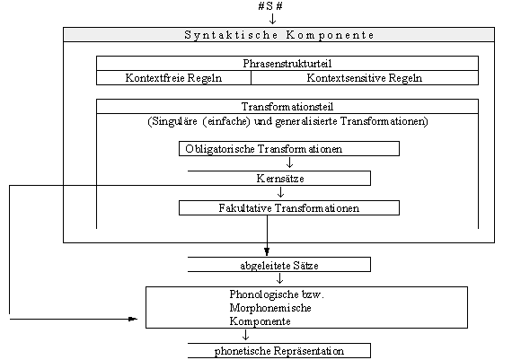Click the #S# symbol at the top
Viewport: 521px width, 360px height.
coord(270,6)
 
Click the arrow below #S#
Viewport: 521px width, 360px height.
coord(272,19)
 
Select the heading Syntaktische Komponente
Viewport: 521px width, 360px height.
coord(279,35)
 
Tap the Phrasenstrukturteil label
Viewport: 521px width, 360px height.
coord(287,64)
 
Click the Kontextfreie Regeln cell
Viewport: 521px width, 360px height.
coord(173,78)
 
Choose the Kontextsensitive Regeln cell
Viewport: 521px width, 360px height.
coord(365,78)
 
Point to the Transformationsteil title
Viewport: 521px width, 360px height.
coord(287,107)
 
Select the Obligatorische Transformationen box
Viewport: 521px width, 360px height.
coord(289,148)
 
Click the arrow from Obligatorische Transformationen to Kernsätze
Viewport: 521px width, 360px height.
coord(289,162)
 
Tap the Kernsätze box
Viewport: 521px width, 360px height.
coord(279,179)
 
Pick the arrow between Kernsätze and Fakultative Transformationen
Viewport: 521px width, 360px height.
coord(281,192)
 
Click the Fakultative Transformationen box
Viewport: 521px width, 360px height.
coord(289,208)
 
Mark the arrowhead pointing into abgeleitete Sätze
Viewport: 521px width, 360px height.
coord(267,251)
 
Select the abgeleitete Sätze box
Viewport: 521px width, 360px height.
coord(279,265)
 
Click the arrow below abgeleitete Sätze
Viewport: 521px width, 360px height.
coord(279,278)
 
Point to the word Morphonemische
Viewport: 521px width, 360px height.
coord(270,308)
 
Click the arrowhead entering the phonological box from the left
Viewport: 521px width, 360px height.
coord(133,319)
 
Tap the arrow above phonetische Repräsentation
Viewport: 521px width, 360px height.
coord(245,335)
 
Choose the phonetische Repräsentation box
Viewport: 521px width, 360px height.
coord(279,351)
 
